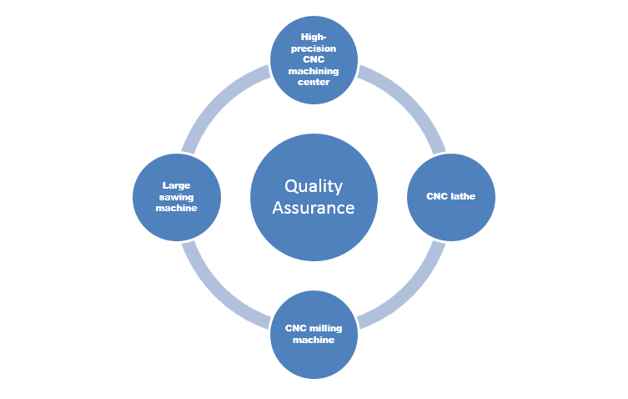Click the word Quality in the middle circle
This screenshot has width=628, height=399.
point(314,186)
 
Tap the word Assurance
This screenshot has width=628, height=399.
point(314,207)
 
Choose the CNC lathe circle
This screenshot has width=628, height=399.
point(451,197)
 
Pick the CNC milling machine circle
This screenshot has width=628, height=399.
point(314,333)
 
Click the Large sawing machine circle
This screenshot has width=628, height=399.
point(177,197)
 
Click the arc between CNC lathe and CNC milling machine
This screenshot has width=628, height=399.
point(408,290)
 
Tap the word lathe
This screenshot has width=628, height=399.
point(464,197)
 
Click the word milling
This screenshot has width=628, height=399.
point(323,328)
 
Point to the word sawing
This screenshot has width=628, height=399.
point(177,197)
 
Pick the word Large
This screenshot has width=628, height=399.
point(177,186)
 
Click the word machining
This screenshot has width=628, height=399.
point(314,71)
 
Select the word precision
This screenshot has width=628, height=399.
point(314,48)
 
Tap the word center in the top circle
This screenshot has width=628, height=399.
point(314,82)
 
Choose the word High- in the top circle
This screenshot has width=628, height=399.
point(314,38)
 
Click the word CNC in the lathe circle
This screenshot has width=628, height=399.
point(439,197)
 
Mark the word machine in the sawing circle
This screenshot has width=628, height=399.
point(177,208)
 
